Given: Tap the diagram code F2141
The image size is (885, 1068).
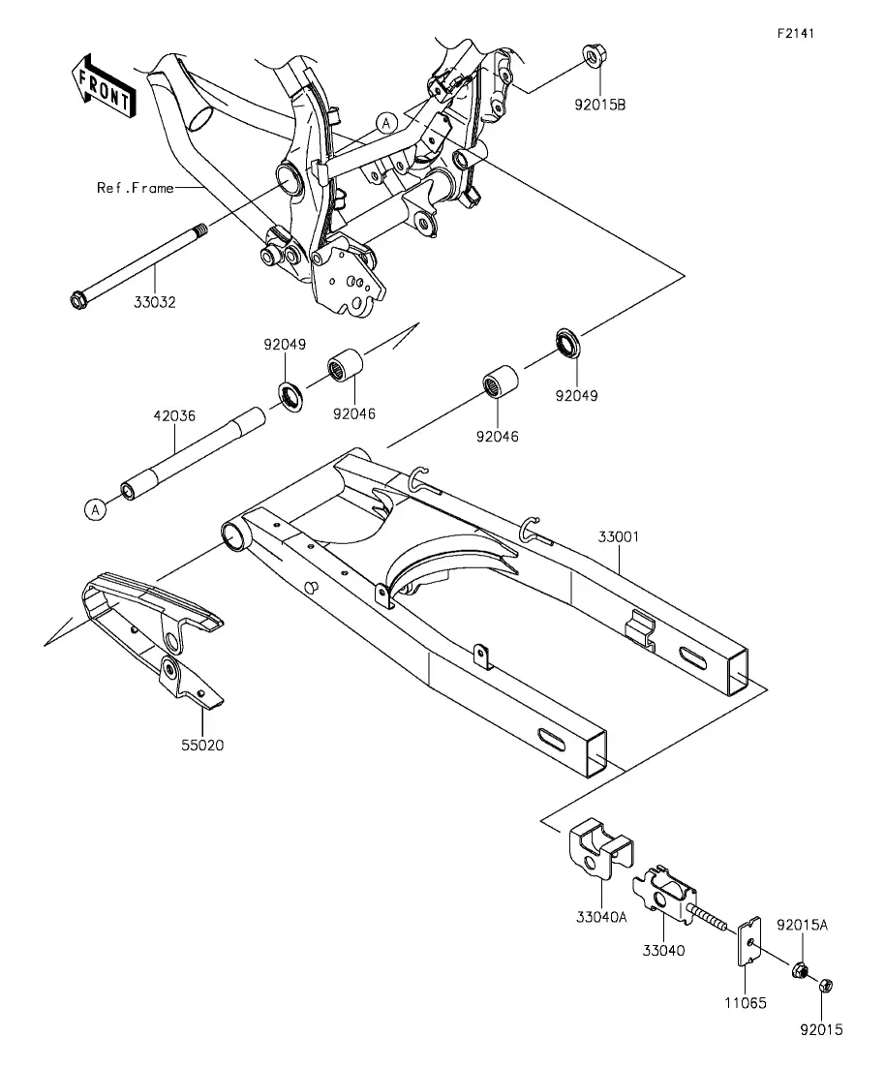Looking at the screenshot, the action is (797, 33).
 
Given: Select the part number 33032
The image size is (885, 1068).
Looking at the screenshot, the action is (155, 302).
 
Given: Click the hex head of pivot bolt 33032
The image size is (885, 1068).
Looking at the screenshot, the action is (79, 300).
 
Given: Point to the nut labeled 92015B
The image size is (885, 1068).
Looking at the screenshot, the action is (596, 56).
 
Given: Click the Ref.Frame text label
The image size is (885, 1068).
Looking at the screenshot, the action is (135, 187).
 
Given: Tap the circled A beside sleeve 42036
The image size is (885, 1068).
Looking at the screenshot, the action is (96, 509).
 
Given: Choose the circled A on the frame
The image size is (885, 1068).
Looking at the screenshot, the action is (387, 123).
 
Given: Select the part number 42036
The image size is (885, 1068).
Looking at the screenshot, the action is (174, 415).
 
